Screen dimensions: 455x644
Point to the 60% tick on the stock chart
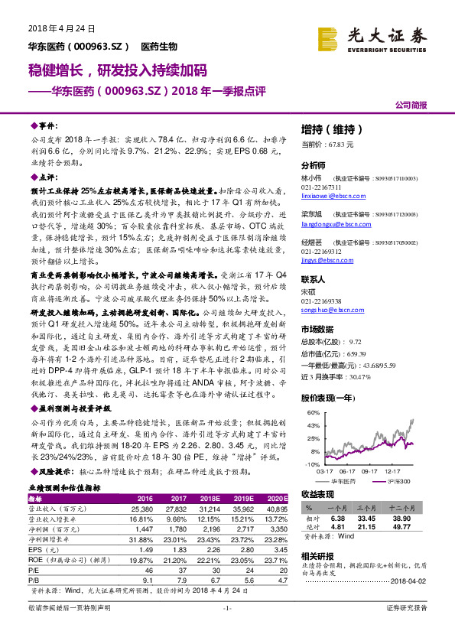pos(313,412)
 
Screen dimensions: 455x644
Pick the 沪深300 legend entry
pos(397,481)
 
